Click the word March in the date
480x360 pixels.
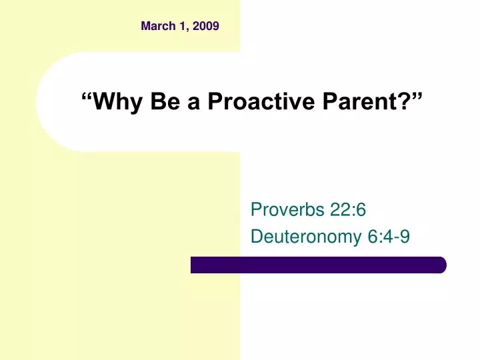click(x=157, y=27)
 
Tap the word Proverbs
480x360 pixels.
click(x=286, y=210)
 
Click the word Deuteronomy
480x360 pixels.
click(x=306, y=237)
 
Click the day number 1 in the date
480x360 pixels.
click(x=182, y=27)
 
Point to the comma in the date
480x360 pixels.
click(x=187, y=30)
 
